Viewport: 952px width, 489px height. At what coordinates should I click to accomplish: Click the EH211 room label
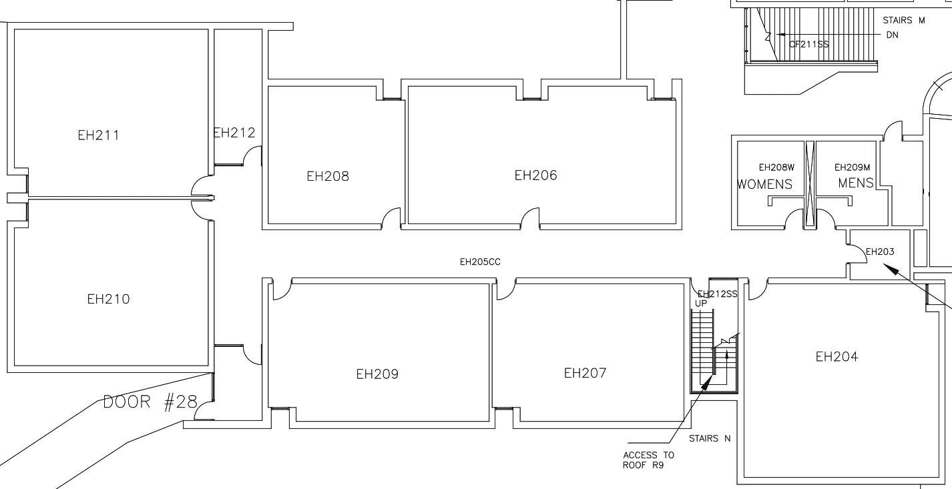tap(98, 135)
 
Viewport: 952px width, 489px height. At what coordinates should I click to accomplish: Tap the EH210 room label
tap(108, 299)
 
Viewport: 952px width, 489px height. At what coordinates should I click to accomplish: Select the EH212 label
tap(234, 133)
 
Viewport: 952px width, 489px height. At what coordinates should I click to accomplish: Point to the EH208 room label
tap(327, 177)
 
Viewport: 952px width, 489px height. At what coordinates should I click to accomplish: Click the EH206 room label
tap(535, 175)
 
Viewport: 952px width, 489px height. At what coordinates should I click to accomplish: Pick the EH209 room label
tap(377, 374)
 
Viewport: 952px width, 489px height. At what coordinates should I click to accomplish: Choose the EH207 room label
tap(585, 373)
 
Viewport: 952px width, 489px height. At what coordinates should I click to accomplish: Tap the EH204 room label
tap(837, 357)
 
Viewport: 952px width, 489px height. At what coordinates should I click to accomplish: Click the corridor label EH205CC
tap(480, 262)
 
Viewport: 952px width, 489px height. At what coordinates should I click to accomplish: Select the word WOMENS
tap(765, 184)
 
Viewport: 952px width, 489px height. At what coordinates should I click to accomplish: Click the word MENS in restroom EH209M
tap(856, 183)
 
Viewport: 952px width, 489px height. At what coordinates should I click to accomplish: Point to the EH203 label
tap(879, 252)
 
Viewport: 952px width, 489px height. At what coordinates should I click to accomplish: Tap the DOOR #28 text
tap(150, 402)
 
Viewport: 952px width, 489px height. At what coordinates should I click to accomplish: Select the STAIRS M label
tap(904, 21)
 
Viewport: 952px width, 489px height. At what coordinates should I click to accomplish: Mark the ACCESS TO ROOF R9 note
tap(648, 460)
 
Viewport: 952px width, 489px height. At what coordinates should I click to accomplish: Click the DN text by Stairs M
tap(892, 35)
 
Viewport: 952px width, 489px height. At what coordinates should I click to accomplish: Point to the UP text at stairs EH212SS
tap(701, 304)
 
